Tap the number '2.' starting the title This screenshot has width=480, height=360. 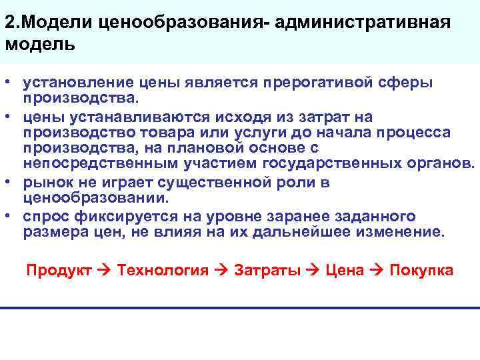click(12, 23)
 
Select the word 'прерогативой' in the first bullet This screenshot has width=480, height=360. click(313, 82)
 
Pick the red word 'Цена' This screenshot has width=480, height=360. click(345, 270)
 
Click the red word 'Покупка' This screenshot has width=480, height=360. click(421, 270)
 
